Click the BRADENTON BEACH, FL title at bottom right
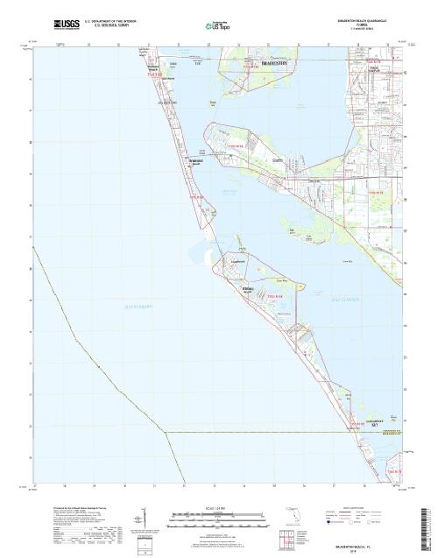(x=368, y=545)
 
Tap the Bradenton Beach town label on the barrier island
(x=196, y=161)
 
